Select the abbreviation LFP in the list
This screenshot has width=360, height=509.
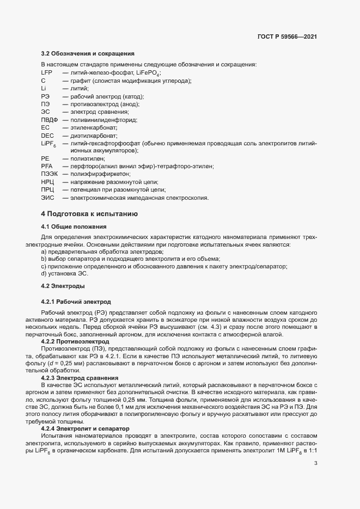pos(47,72)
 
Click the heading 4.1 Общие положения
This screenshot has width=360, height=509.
pos(74,226)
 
